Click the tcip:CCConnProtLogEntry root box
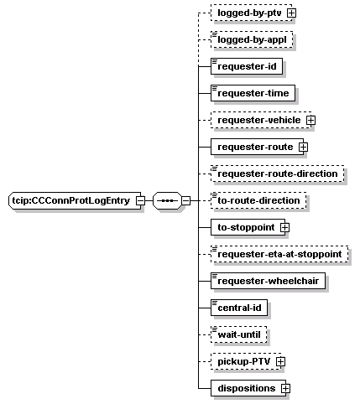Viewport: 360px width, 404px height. click(75, 200)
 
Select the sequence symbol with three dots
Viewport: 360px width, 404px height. click(167, 200)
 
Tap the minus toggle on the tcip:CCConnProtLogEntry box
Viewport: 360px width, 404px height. click(140, 200)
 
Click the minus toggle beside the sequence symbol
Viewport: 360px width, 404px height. click(185, 200)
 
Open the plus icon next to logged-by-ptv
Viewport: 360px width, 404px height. click(291, 13)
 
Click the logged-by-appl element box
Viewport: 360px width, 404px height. click(252, 39)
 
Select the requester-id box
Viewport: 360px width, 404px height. click(247, 66)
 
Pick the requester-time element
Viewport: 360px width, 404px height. click(253, 93)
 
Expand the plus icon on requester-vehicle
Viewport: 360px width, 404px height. click(310, 120)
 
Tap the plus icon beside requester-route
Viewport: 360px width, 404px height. click(303, 147)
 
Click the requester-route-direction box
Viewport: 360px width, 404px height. click(278, 174)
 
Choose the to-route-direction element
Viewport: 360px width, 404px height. click(258, 200)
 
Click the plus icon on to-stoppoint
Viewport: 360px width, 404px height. click(284, 227)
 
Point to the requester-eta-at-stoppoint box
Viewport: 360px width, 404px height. click(279, 254)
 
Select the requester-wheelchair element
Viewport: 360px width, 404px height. click(268, 281)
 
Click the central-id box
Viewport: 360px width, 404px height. click(239, 308)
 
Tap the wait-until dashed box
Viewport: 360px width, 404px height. click(239, 334)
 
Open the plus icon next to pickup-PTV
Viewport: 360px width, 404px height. click(280, 361)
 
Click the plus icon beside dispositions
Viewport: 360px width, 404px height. click(285, 388)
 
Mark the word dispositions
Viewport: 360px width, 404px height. click(247, 388)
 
